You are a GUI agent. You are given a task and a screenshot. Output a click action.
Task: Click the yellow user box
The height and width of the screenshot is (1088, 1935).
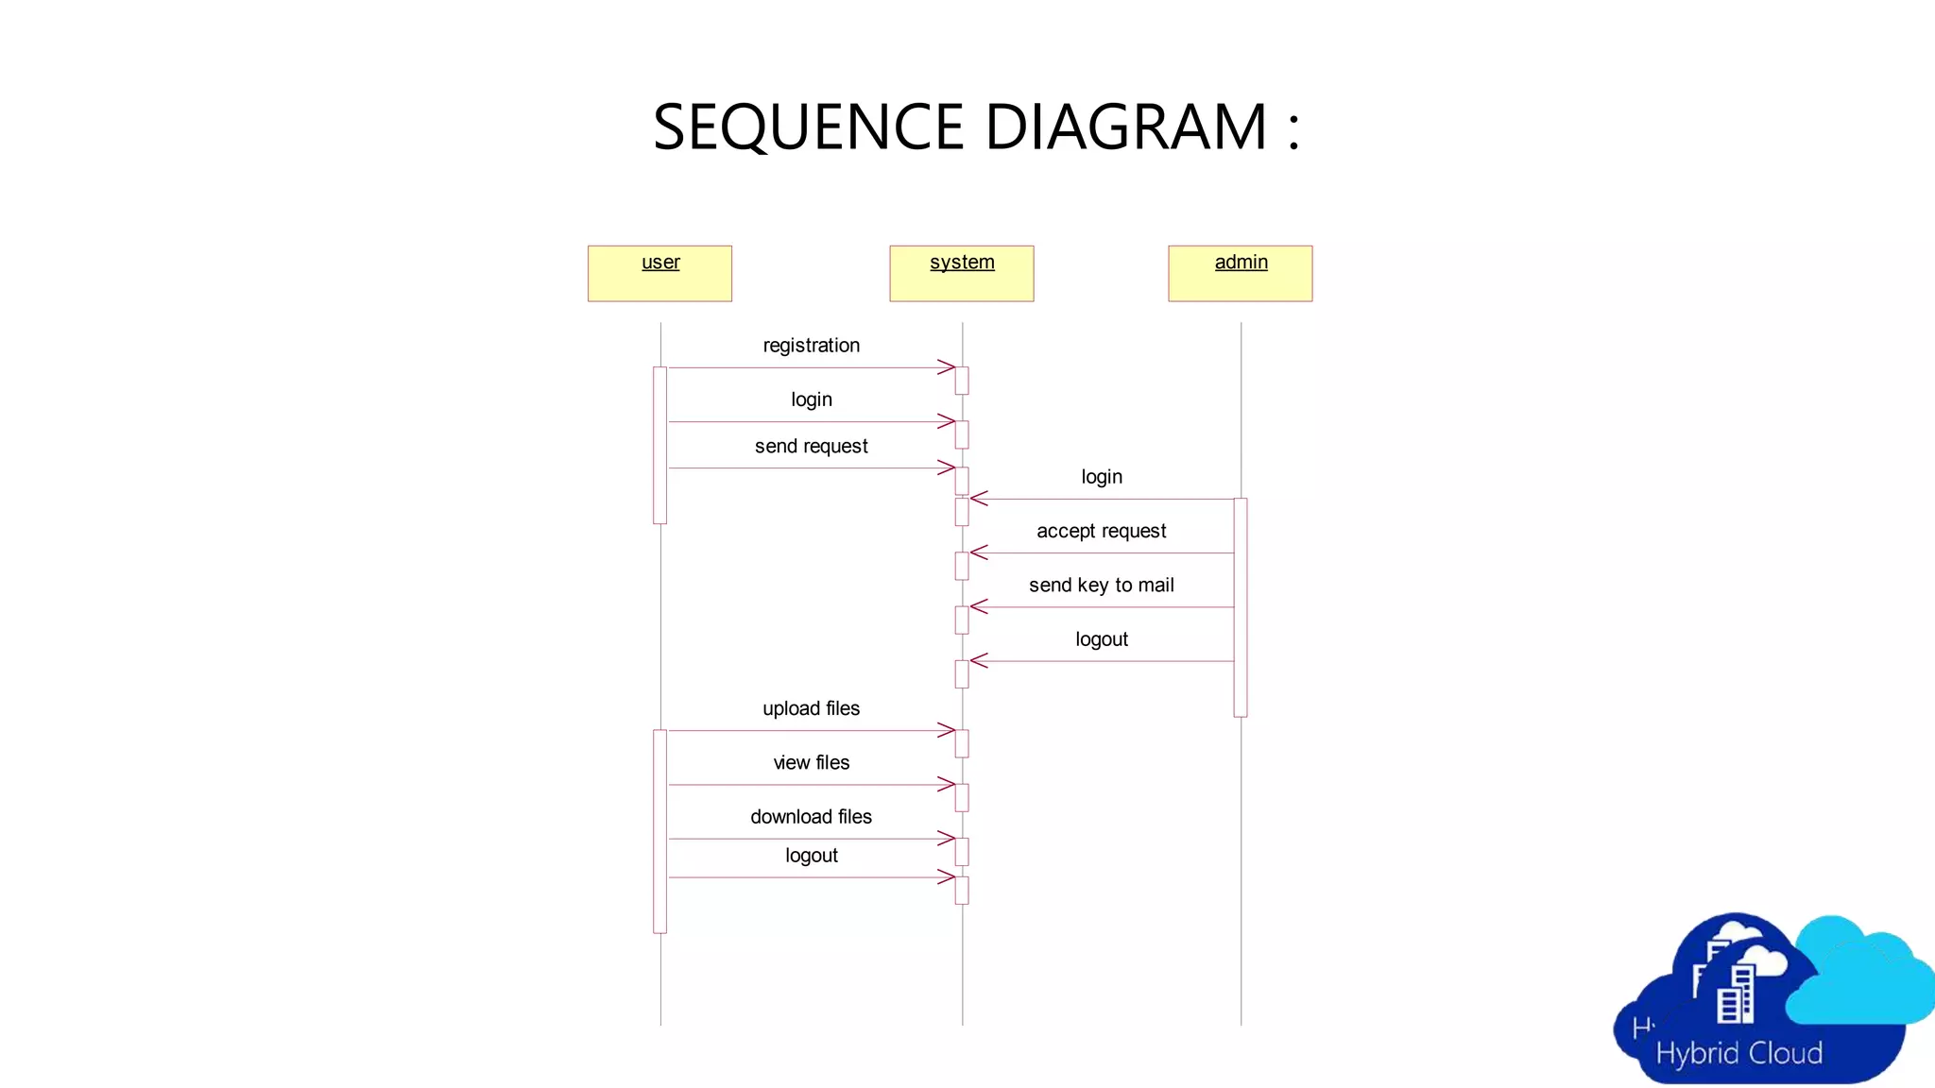tap(659, 273)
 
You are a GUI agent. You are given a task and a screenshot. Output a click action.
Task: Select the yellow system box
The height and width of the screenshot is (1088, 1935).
tap(961, 273)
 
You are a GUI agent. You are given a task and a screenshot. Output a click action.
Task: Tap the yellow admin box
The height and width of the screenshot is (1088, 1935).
tap(1240, 273)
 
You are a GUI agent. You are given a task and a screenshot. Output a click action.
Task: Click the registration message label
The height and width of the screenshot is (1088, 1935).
tap(811, 346)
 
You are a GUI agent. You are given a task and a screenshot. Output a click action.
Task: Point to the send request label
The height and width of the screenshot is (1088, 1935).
tap(811, 446)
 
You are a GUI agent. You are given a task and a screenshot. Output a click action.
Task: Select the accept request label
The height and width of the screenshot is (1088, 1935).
tap(1101, 531)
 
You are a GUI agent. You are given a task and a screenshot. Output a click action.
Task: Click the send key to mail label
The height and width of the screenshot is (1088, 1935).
tap(1101, 586)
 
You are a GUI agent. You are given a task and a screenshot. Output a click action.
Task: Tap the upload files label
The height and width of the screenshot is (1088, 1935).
tap(811, 708)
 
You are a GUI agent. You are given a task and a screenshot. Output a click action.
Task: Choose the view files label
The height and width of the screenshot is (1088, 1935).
tap(811, 762)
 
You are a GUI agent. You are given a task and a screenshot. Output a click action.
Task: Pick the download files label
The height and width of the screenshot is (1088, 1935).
tap(811, 817)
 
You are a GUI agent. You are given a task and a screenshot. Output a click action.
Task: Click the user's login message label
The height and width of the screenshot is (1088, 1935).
tap(811, 399)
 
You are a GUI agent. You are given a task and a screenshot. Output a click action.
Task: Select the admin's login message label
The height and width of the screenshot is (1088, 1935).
tap(1101, 477)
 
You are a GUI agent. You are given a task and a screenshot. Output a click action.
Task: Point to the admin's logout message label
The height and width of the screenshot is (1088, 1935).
tap(1101, 639)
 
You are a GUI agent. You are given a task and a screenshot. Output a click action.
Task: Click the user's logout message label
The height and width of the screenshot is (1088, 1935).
tap(811, 856)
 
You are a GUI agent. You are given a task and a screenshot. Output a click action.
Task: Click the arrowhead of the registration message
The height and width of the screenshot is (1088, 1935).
tap(947, 367)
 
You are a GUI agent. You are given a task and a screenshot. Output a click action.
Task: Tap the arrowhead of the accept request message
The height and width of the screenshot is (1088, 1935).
tap(979, 552)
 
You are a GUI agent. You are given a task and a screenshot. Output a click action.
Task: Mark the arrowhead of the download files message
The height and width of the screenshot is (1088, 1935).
tap(947, 839)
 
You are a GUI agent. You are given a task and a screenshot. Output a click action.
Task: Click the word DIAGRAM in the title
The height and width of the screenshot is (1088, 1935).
tap(1125, 127)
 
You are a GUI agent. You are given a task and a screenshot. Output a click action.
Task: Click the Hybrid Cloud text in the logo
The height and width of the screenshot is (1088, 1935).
tap(1738, 1053)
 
